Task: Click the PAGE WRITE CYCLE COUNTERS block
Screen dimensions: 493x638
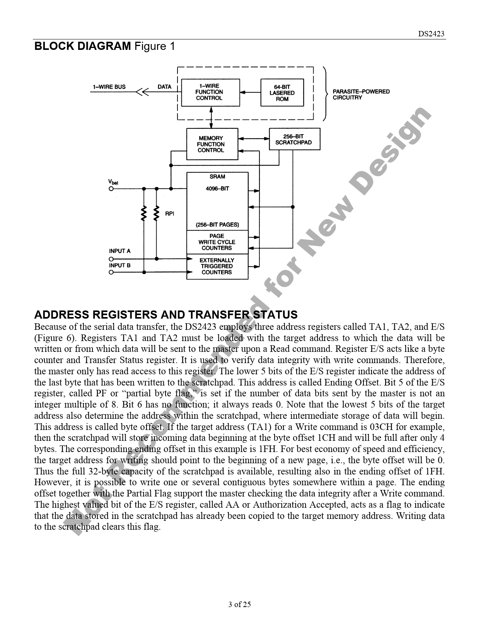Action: click(x=217, y=242)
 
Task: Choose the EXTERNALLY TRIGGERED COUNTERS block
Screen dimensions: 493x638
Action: click(x=217, y=266)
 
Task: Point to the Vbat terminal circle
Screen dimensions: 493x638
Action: click(x=111, y=189)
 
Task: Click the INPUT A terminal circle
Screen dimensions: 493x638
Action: click(x=111, y=259)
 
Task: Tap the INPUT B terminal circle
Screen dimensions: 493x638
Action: click(x=111, y=272)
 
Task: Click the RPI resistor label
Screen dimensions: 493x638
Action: click(x=169, y=214)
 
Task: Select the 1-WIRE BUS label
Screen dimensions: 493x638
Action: click(x=109, y=87)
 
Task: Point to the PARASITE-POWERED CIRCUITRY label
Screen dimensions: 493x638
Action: click(x=361, y=95)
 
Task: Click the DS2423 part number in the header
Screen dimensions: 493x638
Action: click(x=432, y=34)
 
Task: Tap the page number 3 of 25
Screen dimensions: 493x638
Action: click(x=240, y=604)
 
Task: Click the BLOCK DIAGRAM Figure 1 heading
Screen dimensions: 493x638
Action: click(x=104, y=46)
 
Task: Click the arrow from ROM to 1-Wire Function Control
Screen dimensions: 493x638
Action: click(x=250, y=92)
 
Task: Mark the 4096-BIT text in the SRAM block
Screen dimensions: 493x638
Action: click(x=217, y=189)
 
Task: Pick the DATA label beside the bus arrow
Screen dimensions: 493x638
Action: click(x=164, y=87)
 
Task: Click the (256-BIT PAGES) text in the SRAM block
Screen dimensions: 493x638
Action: click(x=217, y=225)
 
